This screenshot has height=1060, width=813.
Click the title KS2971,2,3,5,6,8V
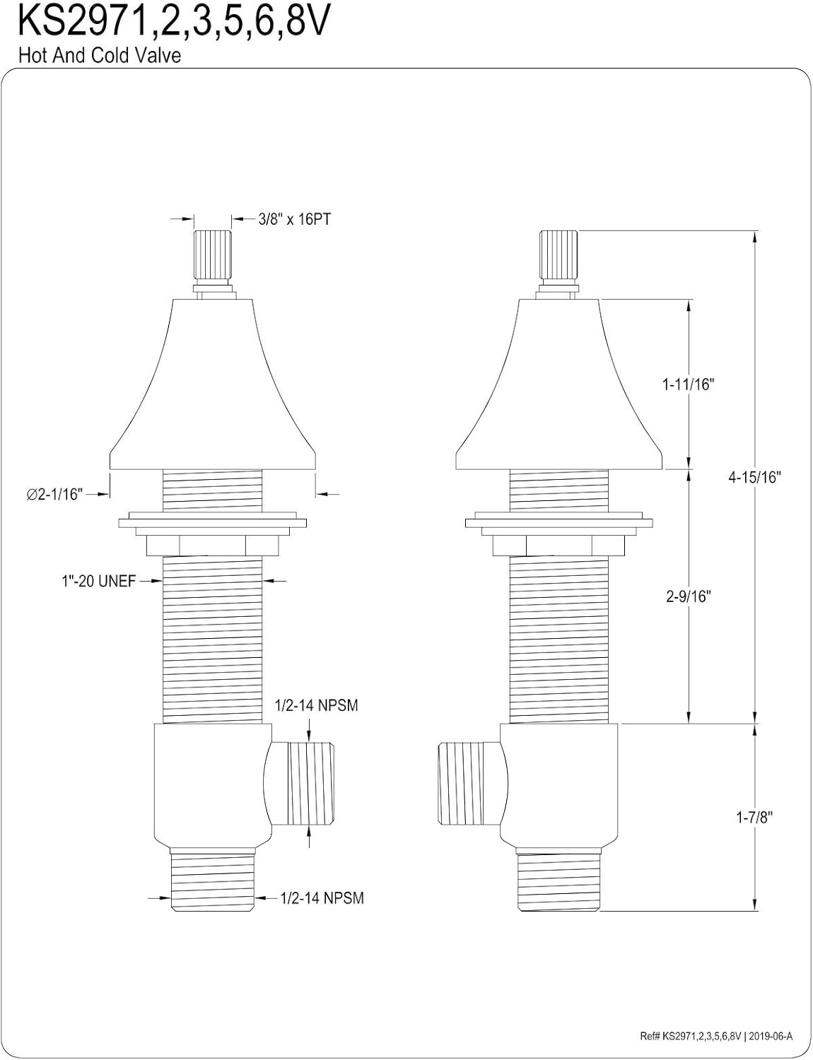[x=174, y=23]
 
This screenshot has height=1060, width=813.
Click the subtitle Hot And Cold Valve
[x=99, y=56]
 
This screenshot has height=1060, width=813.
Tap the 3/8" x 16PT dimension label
[x=294, y=220]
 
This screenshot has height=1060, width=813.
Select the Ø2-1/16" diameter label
[x=55, y=495]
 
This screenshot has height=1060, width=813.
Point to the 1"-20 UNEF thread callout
[x=97, y=582]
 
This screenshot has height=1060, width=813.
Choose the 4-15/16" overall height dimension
[x=754, y=477]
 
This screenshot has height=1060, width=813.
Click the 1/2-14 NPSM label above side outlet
[x=316, y=706]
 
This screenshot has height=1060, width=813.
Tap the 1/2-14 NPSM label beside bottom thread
[x=322, y=898]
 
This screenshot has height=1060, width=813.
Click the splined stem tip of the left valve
[x=213, y=255]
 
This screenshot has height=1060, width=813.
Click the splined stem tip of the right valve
[x=559, y=255]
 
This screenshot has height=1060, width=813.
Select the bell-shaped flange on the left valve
[x=213, y=396]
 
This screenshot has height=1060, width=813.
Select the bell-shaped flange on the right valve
[x=559, y=396]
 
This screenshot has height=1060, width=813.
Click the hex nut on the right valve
[x=559, y=546]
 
